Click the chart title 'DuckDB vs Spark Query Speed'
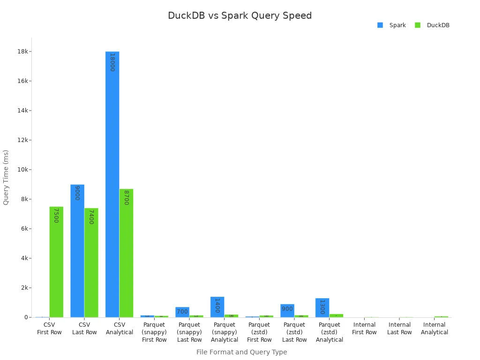click(x=240, y=15)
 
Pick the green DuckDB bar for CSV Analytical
click(x=126, y=253)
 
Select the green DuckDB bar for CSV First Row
click(x=56, y=262)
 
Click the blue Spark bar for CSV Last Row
click(x=77, y=251)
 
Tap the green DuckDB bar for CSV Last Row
click(x=91, y=262)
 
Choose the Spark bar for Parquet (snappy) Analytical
click(x=217, y=307)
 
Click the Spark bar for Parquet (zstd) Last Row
click(x=287, y=311)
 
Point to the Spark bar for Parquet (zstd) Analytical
click(x=322, y=308)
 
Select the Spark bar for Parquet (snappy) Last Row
click(x=182, y=312)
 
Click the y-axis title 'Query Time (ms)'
click(x=6, y=177)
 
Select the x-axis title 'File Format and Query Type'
click(x=241, y=352)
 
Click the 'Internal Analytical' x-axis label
click(x=434, y=329)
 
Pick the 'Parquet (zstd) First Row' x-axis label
click(x=259, y=332)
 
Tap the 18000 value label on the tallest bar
click(x=112, y=62)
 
